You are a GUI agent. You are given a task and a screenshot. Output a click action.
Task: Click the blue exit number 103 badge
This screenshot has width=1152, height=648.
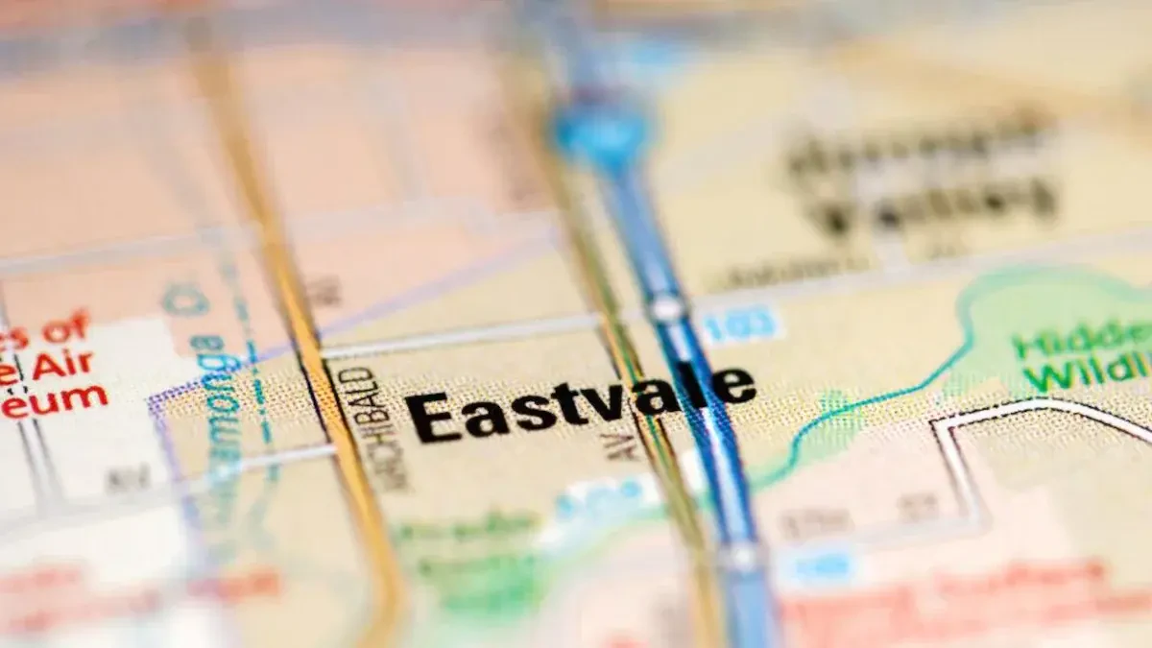click(740, 324)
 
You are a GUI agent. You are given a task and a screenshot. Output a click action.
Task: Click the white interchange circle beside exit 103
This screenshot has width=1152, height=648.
click(666, 309)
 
